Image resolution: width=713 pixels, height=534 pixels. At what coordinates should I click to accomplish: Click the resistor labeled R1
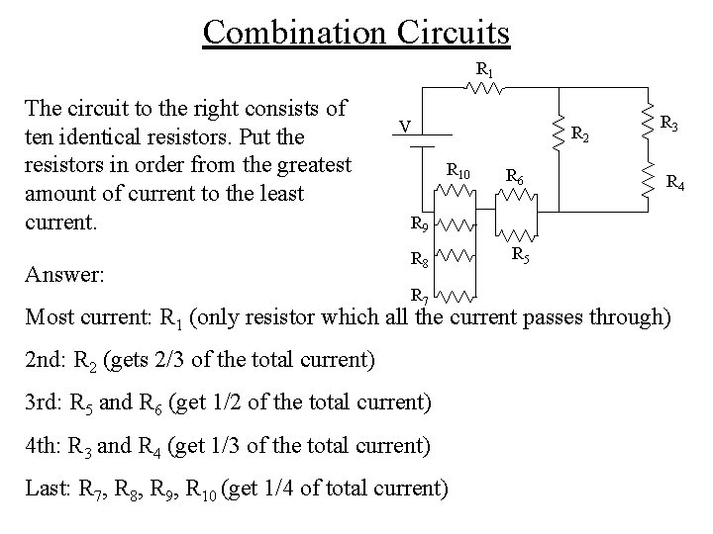pyautogui.click(x=486, y=87)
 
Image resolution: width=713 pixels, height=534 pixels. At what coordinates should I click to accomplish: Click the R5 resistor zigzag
pyautogui.click(x=515, y=236)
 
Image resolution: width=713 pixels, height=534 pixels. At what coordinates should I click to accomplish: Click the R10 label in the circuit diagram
pyautogui.click(x=458, y=171)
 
